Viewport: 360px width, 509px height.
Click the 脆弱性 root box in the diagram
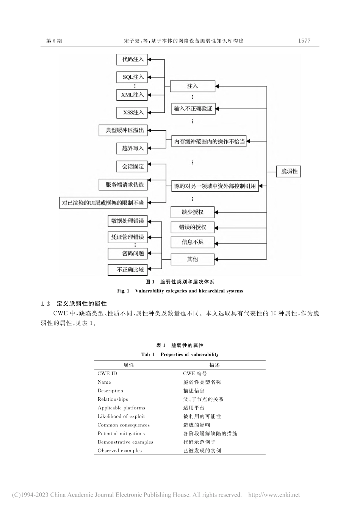point(289,172)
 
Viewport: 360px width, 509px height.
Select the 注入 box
point(193,86)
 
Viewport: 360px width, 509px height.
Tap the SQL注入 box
point(132,77)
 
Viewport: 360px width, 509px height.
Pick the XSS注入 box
point(132,112)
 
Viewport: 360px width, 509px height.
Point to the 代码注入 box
point(132,59)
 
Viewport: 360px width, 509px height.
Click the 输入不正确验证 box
point(193,109)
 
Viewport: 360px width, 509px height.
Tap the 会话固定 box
point(132,167)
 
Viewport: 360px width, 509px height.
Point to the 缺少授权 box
point(193,212)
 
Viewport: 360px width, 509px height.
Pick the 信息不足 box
point(193,242)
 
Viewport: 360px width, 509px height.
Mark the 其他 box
point(193,259)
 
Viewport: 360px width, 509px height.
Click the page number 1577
point(304,41)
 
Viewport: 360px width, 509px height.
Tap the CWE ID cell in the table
point(107,373)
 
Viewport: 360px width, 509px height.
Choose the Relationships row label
point(113,399)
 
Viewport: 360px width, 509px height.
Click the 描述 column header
point(214,365)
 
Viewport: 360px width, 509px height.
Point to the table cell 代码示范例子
point(199,442)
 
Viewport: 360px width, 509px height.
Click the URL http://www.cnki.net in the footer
point(274,495)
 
